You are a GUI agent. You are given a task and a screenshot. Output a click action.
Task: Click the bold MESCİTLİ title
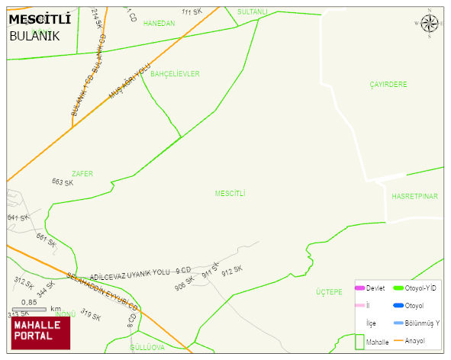40,20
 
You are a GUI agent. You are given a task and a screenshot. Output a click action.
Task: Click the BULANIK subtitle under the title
34,36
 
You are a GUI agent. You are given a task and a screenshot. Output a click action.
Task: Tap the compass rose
430,25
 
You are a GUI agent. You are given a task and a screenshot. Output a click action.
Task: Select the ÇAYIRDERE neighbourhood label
388,85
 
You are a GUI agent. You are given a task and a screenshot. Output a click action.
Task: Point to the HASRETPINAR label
414,197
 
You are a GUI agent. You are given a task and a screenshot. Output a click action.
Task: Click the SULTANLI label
253,12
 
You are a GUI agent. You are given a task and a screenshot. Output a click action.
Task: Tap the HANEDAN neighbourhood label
159,24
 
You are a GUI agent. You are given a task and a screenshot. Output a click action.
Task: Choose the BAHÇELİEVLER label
175,74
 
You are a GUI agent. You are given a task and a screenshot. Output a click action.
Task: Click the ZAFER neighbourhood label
82,174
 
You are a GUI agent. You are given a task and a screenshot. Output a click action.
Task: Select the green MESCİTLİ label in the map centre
230,194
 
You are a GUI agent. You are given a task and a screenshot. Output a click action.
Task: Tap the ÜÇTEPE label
329,293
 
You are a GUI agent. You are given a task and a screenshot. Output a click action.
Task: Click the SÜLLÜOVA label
147,347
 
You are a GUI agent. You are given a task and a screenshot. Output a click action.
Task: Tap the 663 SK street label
63,183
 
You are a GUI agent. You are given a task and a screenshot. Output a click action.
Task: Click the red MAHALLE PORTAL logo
40,333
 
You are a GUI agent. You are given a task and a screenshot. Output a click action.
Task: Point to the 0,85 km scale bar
34,309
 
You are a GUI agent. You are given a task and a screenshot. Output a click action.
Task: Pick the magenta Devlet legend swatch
359,288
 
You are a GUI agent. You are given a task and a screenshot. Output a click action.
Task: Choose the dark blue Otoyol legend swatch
398,306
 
